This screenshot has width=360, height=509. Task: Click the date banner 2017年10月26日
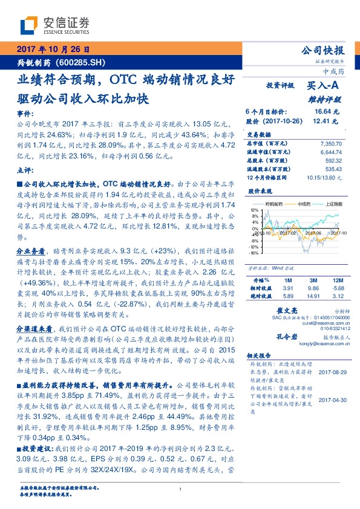(x=53, y=50)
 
